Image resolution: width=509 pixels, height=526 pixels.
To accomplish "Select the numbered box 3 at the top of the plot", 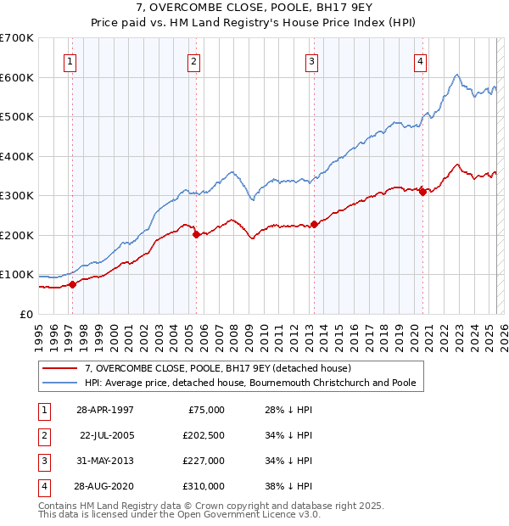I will (312, 60).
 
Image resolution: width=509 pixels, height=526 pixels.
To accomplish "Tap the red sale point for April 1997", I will (73, 284).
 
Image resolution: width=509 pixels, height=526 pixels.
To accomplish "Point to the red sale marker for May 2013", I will (314, 224).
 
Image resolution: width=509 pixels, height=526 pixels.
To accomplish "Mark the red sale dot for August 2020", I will (422, 192).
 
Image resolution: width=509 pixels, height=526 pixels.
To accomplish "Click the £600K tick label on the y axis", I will (17, 77).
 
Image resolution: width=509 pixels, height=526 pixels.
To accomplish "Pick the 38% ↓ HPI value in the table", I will (288, 486).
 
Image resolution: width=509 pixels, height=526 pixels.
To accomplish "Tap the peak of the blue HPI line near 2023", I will (456, 75).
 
